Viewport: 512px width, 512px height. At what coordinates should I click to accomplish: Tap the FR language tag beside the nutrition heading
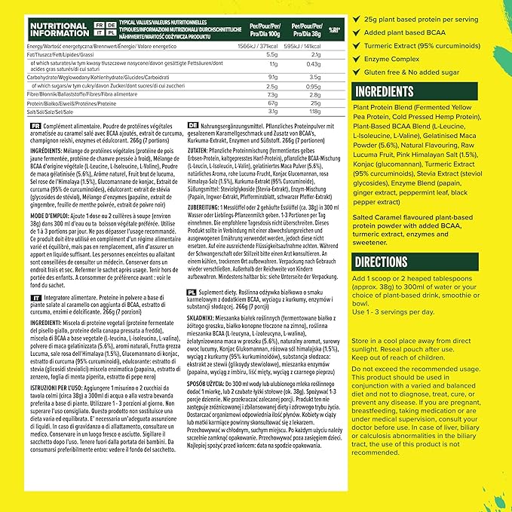coord(99,24)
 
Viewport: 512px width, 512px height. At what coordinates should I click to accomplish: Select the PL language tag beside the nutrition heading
coord(110,34)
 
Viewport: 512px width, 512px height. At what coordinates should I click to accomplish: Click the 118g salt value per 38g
coord(315,110)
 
